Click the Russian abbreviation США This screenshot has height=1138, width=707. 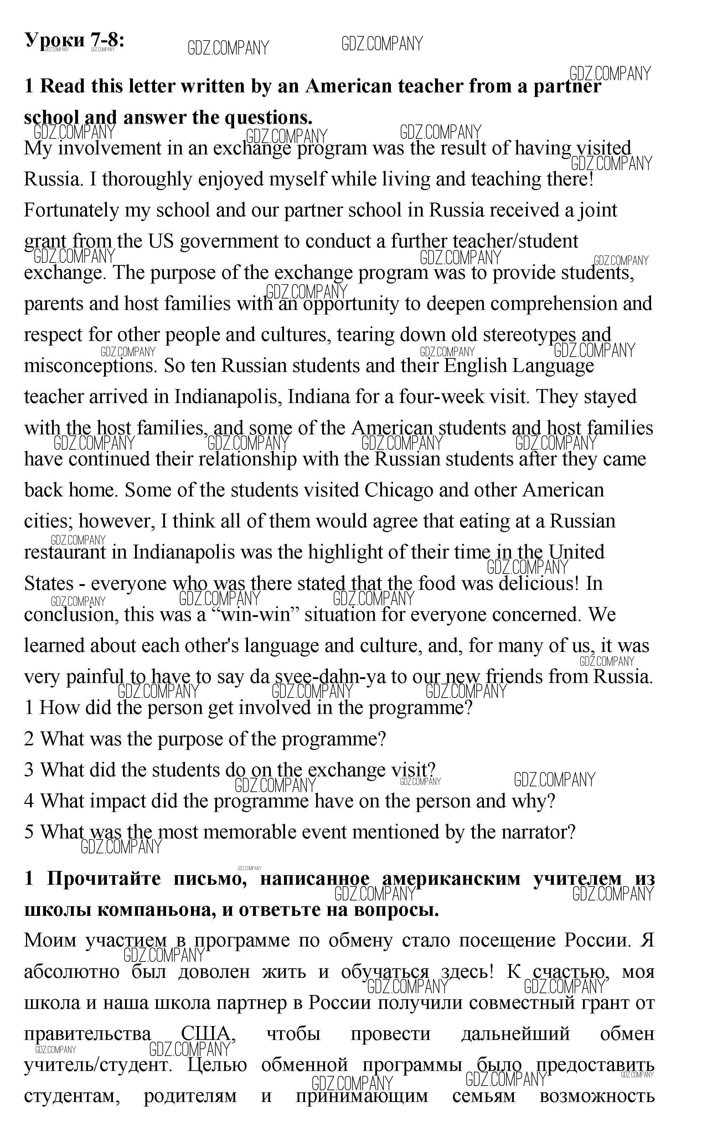pyautogui.click(x=206, y=1034)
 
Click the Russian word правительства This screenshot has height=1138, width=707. pyautogui.click(x=87, y=1034)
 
